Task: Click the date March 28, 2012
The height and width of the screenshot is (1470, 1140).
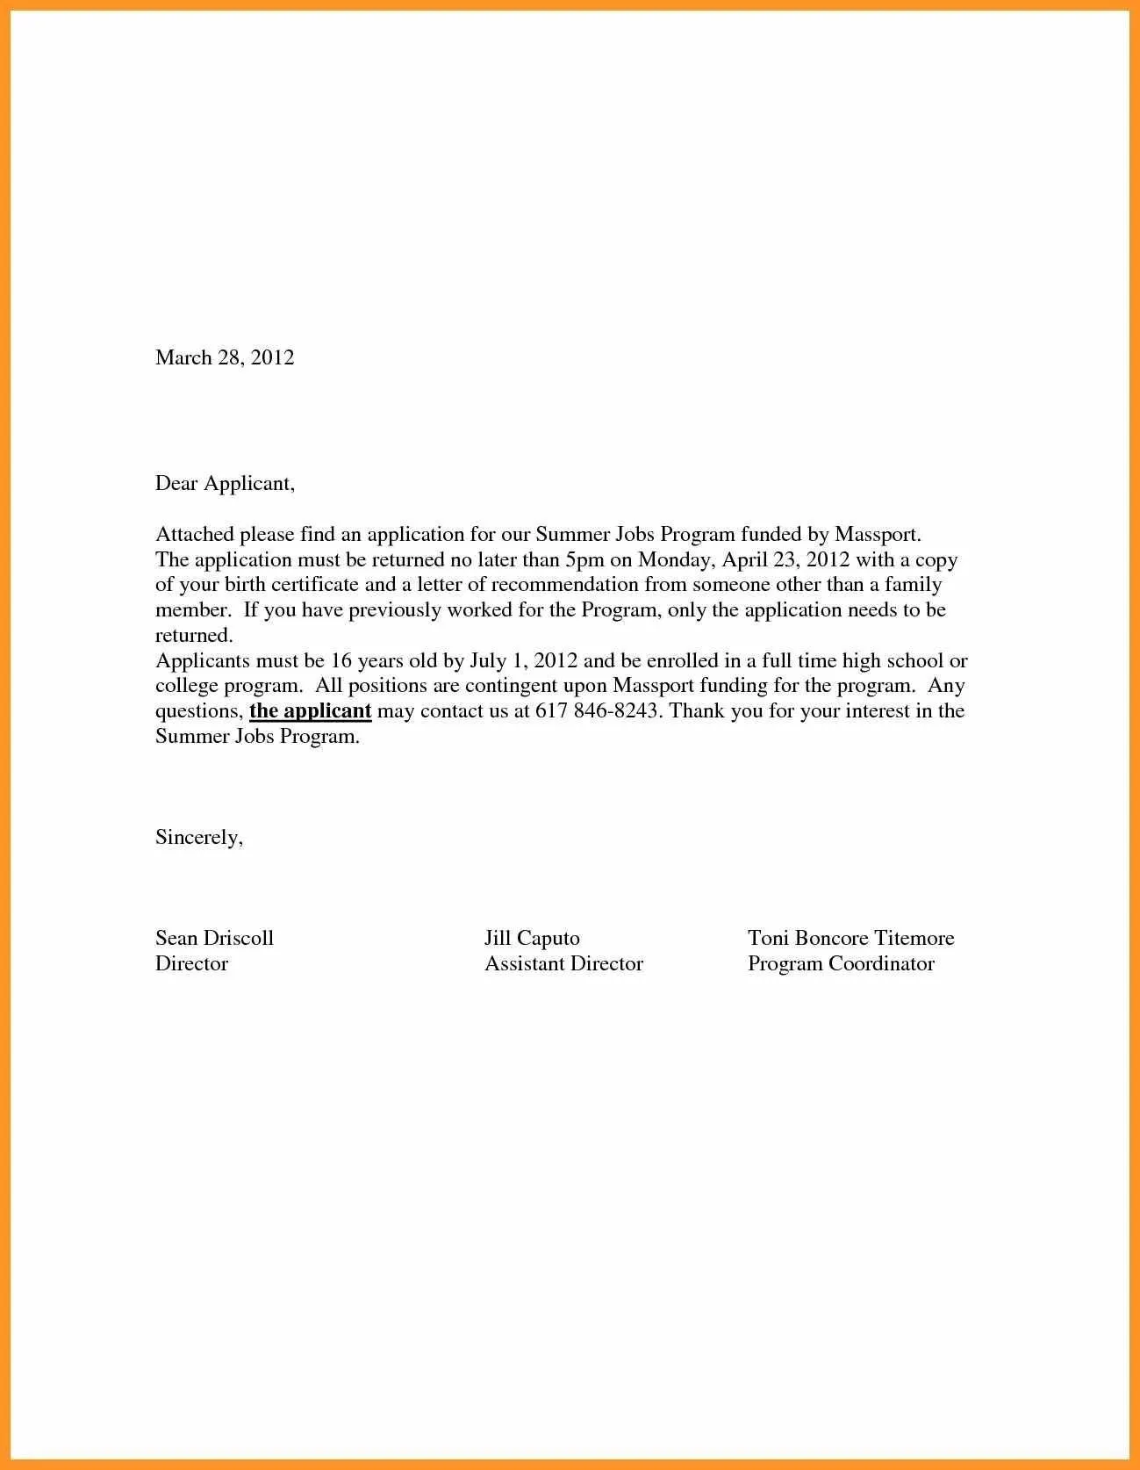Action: [x=225, y=357]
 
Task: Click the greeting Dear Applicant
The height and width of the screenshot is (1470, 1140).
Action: [x=225, y=483]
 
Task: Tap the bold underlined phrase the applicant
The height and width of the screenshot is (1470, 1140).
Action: [x=311, y=710]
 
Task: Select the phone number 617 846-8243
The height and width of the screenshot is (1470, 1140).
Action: [x=596, y=710]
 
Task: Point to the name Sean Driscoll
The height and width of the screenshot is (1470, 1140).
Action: [x=214, y=938]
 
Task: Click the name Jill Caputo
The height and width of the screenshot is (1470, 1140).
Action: [x=532, y=938]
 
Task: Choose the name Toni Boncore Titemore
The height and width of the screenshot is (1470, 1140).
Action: [x=850, y=938]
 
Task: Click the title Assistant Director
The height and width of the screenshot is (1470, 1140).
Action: [x=563, y=963]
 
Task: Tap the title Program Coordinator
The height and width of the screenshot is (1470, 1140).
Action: [x=841, y=963]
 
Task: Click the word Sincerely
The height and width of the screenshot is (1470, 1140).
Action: [x=198, y=837]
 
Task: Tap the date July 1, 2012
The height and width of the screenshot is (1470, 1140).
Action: [x=523, y=660]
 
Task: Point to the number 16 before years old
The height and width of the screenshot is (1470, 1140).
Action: [x=341, y=660]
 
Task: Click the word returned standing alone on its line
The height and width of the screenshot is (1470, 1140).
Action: [x=193, y=635]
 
